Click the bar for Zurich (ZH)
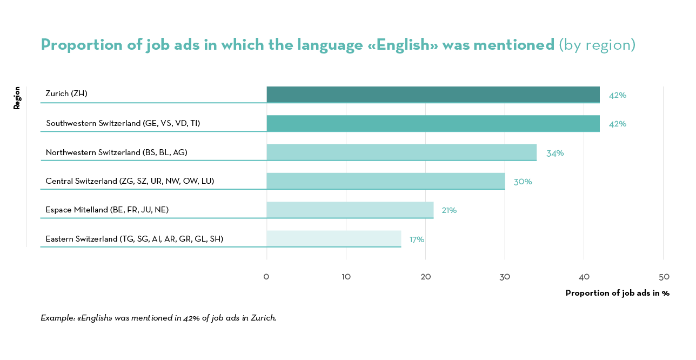pos(433,94)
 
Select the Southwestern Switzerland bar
pos(433,123)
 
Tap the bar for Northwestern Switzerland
pos(401,152)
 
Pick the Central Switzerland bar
pos(385,181)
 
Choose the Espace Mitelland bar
pos(350,210)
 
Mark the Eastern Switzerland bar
pos(333,238)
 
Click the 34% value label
pos(555,154)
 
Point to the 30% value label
pos(523,182)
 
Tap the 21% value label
pos(449,211)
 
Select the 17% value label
pos(417,239)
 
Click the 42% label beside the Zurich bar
pos(618,96)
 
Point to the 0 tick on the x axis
pos(266,277)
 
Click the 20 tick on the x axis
pos(425,277)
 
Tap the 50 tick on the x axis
pos(664,277)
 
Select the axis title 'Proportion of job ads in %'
pos(617,293)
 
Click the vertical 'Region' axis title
pos(17,98)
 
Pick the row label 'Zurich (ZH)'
pos(66,94)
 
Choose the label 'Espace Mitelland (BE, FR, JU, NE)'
pos(107,210)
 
